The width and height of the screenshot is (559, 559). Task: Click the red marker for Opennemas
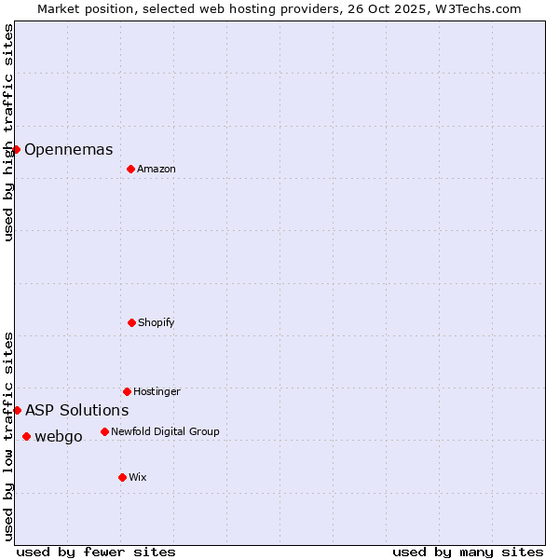coord(16,149)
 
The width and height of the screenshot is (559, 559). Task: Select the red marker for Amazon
coord(130,169)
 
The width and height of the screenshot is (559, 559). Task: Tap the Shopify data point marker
coord(131,322)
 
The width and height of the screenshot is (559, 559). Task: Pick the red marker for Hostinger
coord(127,391)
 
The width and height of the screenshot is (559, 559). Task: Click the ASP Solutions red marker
coord(17,410)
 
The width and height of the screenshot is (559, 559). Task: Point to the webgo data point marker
coord(26,436)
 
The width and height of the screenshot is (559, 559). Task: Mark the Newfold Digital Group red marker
coord(104,431)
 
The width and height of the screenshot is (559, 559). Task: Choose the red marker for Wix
coord(122,477)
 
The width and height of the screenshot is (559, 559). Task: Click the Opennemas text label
coord(69,149)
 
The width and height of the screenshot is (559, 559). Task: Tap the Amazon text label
coord(157,169)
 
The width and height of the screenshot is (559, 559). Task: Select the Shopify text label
coord(157,322)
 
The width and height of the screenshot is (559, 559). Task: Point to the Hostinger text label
coord(157,391)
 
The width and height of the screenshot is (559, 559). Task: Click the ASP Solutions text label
coord(77,410)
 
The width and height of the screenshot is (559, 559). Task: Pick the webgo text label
coord(59,436)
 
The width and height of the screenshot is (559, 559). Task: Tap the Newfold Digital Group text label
coord(165,431)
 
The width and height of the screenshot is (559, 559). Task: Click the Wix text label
coord(138,477)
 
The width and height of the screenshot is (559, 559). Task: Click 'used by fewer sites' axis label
coord(96,552)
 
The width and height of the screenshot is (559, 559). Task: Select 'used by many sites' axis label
coord(468,552)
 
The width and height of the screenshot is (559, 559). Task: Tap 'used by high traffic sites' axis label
coord(8,132)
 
